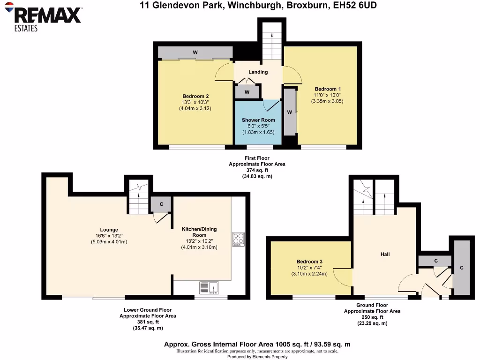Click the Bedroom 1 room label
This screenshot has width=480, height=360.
coord(328,89)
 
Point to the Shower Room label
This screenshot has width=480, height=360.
coord(258,120)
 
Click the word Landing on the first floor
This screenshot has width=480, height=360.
coord(258,72)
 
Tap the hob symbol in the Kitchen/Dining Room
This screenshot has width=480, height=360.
coord(238,239)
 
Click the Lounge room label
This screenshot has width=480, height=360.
coord(109,230)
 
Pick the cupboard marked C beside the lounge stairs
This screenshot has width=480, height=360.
coord(161,204)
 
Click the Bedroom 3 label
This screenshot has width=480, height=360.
coord(309,262)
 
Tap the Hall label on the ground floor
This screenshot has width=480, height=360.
coord(385,254)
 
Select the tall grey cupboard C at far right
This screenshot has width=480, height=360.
coord(462,268)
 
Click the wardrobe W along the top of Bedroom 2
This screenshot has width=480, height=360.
coord(195,52)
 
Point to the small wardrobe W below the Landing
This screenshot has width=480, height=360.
coord(247,92)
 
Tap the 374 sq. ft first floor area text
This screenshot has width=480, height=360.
coord(256,171)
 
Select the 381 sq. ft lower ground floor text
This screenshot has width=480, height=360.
coord(148,322)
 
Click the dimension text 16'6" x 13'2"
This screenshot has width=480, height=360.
coord(109,236)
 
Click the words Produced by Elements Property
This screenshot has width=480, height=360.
coord(257,357)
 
